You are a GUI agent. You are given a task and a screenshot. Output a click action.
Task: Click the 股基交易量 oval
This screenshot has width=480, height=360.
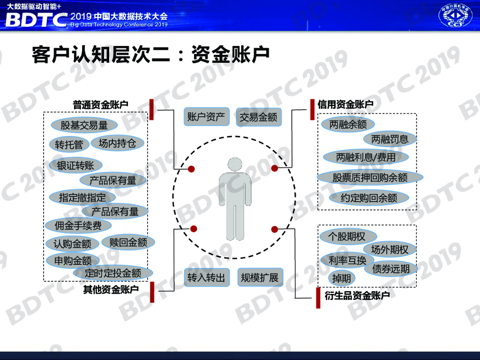(x=84, y=125)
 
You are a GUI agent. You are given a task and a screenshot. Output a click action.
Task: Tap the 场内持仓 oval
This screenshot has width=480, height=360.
(x=117, y=143)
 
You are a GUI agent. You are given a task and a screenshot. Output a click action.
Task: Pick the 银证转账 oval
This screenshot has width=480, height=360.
(x=75, y=165)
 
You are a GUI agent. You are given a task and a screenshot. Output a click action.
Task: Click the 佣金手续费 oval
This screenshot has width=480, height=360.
(x=78, y=226)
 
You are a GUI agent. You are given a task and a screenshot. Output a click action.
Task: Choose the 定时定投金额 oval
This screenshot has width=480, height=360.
(x=113, y=273)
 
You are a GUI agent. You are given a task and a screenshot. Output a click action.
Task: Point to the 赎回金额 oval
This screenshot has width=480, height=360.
(x=128, y=242)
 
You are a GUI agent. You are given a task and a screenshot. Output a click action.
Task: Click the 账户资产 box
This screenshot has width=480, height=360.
(x=206, y=117)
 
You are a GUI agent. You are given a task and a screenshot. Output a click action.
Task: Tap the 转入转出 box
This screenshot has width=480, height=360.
(x=206, y=277)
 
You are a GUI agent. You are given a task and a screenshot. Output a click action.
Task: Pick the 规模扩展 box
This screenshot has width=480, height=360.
(x=259, y=277)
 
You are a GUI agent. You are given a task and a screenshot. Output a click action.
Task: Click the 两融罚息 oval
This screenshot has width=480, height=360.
(x=390, y=139)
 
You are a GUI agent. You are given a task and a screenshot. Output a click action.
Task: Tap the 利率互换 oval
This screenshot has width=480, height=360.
(x=347, y=260)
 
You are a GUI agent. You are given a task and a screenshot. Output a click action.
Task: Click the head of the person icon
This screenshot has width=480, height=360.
(x=235, y=165)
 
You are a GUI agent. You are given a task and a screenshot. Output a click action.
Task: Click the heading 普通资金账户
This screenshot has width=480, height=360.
(x=100, y=105)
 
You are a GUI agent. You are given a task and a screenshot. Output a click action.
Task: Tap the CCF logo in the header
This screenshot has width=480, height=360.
(x=455, y=16)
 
